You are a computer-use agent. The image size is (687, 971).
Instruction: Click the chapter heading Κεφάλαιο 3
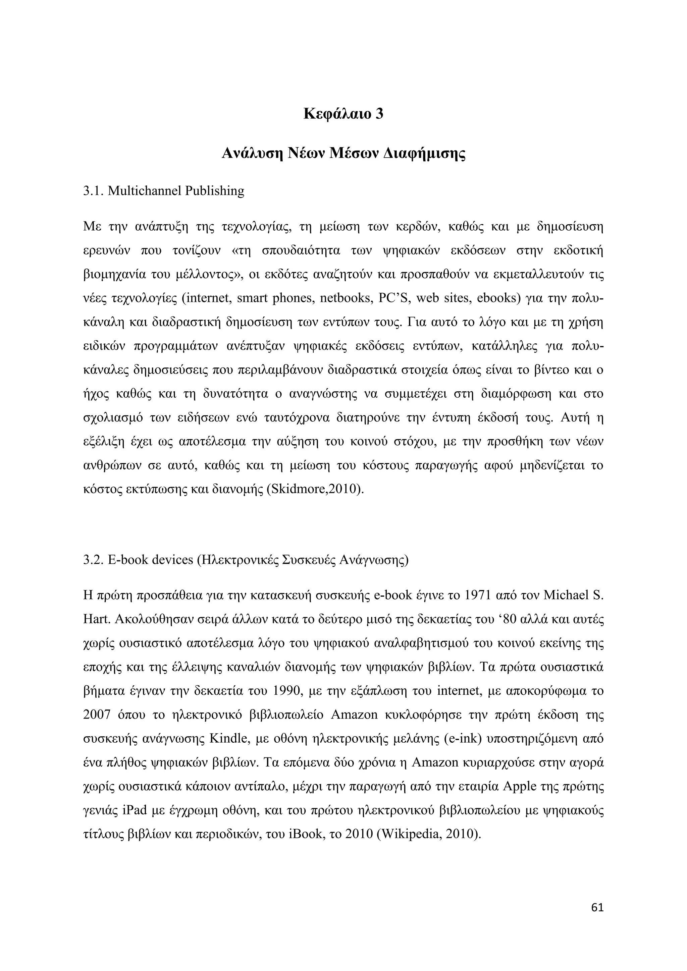coord(343,114)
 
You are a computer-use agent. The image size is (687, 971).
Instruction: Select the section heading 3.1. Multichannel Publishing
coord(164,191)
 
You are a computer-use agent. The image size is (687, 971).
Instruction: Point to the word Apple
coord(519,787)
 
